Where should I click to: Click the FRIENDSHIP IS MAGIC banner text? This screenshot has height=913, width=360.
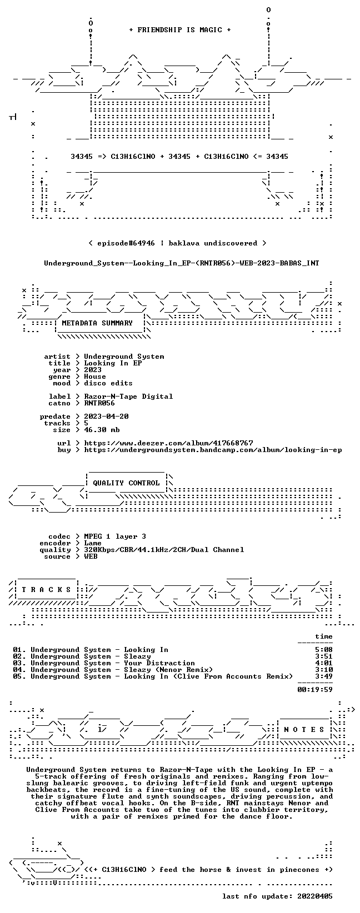[180, 30]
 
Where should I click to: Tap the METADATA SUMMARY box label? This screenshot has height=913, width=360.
[97, 323]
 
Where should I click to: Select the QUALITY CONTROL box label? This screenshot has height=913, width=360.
[126, 483]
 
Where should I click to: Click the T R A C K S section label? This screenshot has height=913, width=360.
[46, 589]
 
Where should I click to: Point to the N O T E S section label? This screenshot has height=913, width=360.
[304, 729]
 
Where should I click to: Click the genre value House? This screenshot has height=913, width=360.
[95, 377]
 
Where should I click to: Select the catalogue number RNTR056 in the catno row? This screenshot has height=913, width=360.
[99, 403]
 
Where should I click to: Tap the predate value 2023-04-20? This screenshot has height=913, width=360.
[106, 417]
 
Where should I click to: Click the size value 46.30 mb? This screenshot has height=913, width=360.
[102, 430]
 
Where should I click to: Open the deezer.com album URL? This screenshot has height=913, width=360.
[168, 443]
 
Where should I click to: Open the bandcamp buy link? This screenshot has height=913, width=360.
[213, 450]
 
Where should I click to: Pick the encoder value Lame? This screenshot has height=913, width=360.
[93, 543]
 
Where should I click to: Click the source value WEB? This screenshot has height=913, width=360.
[91, 556]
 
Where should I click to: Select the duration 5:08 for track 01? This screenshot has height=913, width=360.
[324, 650]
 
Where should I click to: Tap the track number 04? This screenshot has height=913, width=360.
[17, 670]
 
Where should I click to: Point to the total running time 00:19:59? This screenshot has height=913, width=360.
[315, 690]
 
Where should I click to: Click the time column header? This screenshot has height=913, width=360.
[324, 636]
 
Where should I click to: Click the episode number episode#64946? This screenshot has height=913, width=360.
[126, 243]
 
